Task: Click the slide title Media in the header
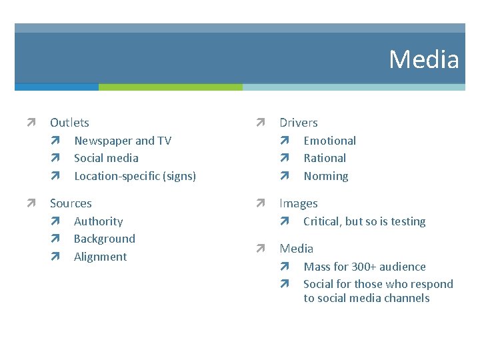424,59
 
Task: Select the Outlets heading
69,123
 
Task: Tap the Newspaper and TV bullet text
123,141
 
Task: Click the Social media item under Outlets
106,158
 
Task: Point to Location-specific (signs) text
135,176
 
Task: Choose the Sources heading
71,203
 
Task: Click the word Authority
98,221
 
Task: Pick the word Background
104,239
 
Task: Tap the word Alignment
100,257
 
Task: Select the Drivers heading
298,123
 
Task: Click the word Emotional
329,141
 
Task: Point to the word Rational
325,158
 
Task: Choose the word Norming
325,176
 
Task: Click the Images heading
298,203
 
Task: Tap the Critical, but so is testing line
364,221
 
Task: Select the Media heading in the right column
296,249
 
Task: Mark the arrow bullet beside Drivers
261,123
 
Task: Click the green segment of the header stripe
170,87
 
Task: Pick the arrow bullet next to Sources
31,203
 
